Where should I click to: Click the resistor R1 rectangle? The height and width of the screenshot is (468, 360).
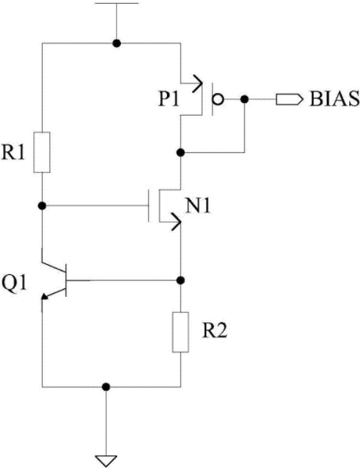pos(41,152)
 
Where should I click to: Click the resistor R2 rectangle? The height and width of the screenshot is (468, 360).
pos(180,332)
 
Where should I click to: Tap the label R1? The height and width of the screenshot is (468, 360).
pos(13,152)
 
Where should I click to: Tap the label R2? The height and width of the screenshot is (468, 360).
pos(215,330)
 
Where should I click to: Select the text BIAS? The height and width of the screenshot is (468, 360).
pos(334,99)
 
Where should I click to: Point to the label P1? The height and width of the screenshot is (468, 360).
pos(169,99)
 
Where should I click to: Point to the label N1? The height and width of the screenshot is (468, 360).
pos(198,206)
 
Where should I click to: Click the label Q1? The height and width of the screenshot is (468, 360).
pos(14,283)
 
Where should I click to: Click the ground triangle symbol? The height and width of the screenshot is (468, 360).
pos(106,460)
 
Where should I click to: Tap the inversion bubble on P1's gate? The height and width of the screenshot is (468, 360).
pos(218,99)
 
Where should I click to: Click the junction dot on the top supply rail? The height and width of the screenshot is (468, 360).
pos(116,43)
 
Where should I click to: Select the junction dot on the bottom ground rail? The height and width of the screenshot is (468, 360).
pos(106,387)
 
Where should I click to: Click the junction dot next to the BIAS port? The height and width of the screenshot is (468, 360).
pos(244,99)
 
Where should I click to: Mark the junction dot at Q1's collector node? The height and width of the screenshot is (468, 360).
pos(42,205)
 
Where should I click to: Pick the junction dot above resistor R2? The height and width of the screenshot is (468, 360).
pos(180,280)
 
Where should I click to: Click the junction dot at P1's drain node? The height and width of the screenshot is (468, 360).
pos(180,152)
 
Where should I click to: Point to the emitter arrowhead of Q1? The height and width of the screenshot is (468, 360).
pos(45,296)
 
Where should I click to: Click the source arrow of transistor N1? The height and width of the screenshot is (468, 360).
pos(176,222)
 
